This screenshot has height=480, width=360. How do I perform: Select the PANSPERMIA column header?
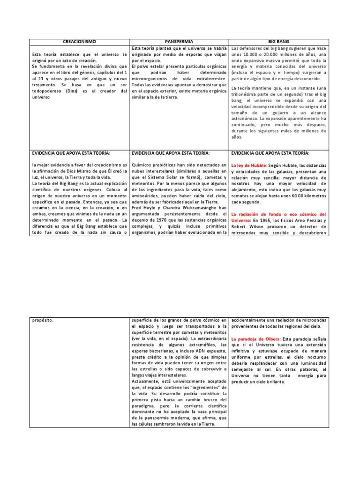[x=179, y=42]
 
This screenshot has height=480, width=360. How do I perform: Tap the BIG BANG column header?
[x=279, y=42]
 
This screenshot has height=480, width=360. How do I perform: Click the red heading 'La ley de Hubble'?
[x=249, y=165]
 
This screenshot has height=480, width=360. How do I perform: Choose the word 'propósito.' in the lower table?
[x=43, y=320]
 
